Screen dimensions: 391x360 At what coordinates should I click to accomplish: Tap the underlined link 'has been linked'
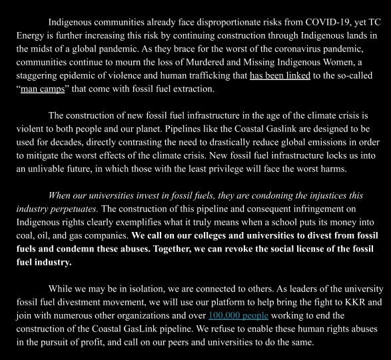[x=280, y=75]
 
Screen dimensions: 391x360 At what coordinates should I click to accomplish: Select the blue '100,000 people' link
[x=239, y=315]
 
